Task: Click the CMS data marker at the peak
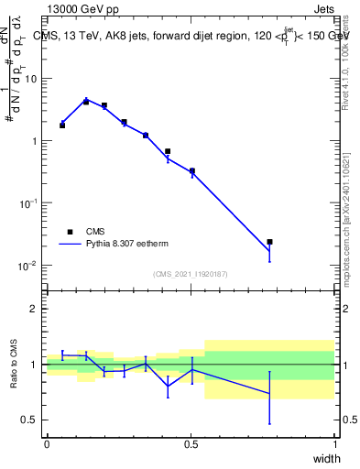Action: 86,102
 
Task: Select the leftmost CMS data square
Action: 62,125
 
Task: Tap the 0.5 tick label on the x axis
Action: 191,444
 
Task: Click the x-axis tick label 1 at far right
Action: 334,444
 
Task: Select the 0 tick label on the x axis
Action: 47,444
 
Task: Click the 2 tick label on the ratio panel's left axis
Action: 34,309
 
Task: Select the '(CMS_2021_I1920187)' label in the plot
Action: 191,274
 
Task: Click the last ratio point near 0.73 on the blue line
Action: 269,394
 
